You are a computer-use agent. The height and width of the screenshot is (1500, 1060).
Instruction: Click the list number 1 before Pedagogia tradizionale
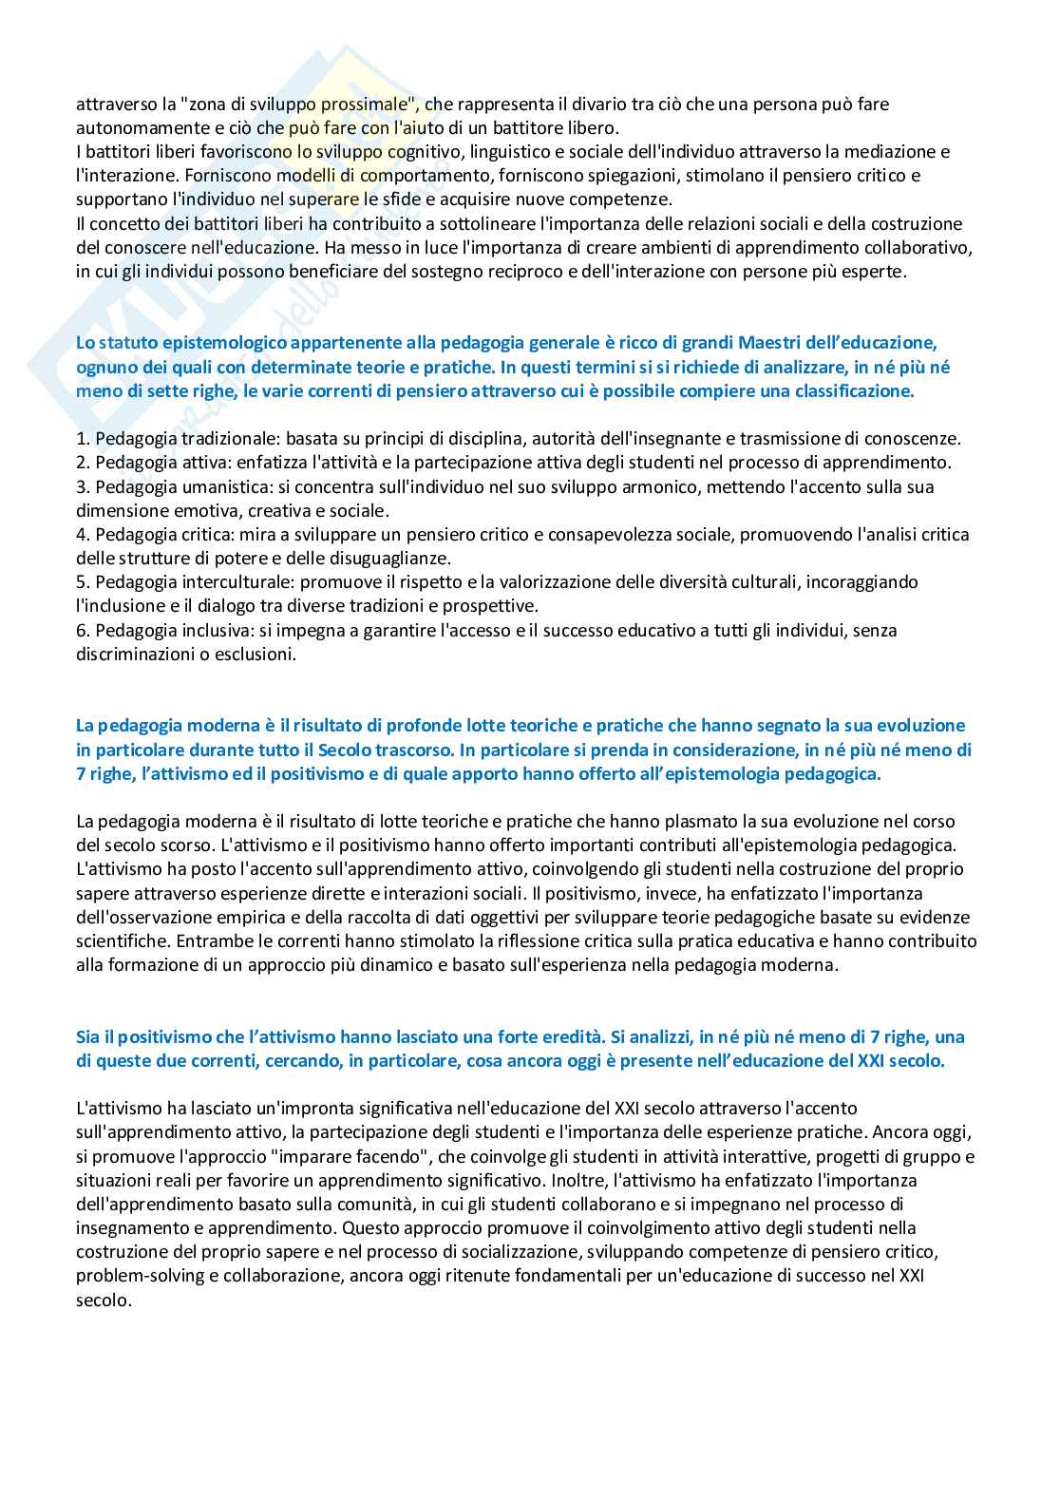coord(82,439)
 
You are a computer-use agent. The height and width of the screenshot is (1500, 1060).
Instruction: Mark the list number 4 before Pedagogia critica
coord(82,535)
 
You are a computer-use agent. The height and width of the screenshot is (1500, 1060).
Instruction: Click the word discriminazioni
coord(138,654)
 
